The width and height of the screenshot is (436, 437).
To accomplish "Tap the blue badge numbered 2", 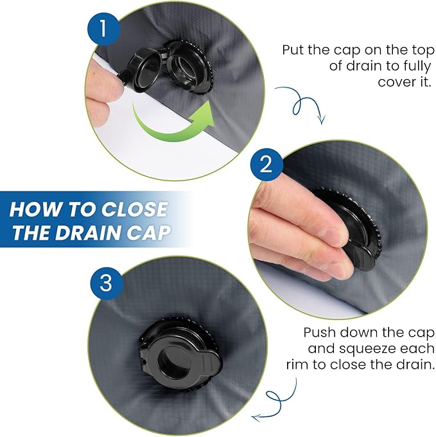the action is [266, 164].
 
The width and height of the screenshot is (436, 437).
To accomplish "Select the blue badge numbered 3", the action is [106, 283].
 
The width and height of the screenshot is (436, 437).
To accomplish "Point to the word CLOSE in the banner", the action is [134, 209].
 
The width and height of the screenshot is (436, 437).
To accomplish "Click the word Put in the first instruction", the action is [293, 50].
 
